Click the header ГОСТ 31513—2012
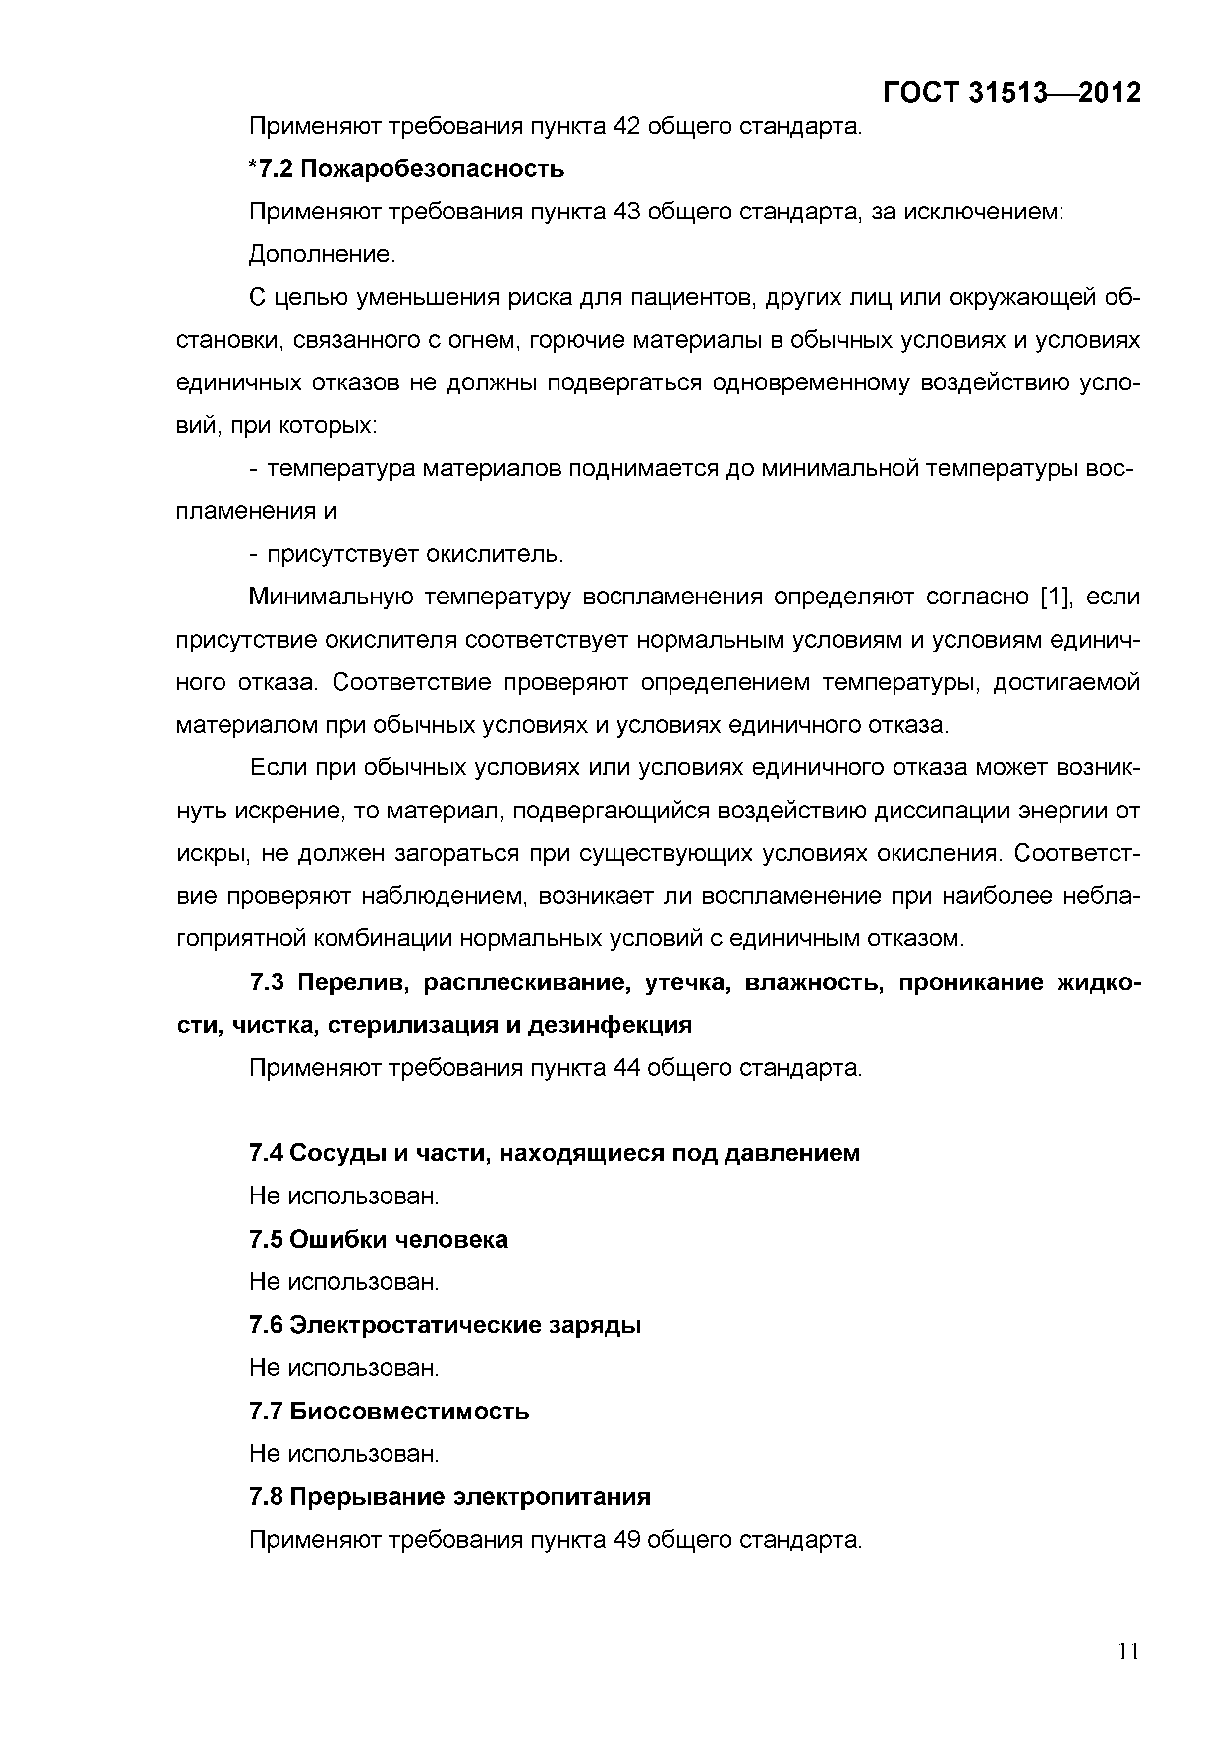point(1011,92)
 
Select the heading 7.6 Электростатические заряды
point(445,1325)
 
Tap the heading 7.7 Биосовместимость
point(389,1411)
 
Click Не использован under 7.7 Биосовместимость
point(344,1454)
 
